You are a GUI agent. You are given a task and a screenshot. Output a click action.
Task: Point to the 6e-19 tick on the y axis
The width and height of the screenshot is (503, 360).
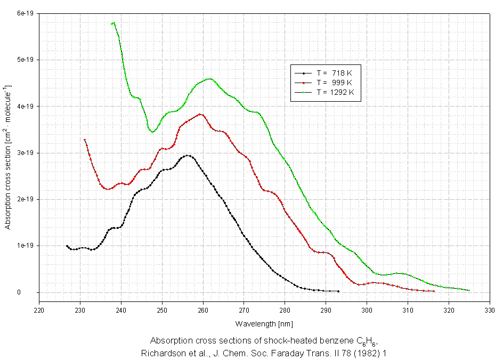tap(25, 13)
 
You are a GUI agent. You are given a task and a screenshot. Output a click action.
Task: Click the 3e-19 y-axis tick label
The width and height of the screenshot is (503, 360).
tap(25, 153)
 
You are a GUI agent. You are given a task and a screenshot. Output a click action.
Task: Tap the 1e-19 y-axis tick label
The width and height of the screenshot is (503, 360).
tap(25, 246)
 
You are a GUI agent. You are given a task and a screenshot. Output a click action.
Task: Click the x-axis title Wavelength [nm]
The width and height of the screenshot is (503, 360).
tap(264, 323)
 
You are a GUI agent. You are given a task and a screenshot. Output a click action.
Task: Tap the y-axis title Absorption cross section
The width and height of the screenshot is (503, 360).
tap(8, 157)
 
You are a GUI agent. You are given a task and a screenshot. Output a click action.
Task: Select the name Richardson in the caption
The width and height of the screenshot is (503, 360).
tap(161, 352)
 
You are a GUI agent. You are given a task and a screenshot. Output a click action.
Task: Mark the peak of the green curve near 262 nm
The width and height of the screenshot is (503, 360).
tap(209, 79)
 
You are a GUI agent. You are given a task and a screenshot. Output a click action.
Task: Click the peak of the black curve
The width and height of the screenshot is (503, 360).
tap(188, 156)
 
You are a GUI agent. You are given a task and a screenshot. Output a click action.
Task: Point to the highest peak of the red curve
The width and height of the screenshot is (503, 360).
tap(200, 114)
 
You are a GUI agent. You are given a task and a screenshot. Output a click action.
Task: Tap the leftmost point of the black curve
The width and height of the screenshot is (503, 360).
tap(67, 246)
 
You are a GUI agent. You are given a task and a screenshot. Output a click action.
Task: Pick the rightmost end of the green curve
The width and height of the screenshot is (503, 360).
tap(469, 290)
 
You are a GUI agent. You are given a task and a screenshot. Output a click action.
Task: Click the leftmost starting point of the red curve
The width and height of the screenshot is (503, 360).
tap(85, 140)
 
